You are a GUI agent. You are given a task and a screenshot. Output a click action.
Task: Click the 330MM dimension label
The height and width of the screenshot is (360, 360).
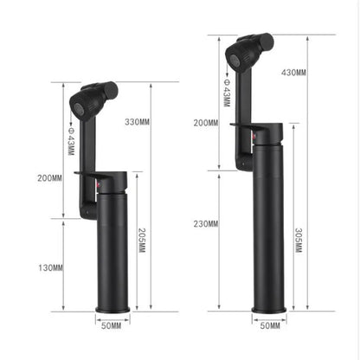[138, 122]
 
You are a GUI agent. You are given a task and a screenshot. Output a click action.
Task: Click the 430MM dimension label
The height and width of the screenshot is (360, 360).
[293, 73]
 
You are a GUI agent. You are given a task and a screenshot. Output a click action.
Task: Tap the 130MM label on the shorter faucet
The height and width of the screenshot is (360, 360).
[50, 268]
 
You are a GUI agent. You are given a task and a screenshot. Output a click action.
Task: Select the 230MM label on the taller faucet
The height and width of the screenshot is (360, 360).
[206, 224]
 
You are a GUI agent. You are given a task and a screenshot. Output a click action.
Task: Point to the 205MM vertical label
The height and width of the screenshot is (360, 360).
[142, 241]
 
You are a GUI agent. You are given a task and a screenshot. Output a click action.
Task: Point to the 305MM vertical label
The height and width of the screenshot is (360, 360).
[299, 241]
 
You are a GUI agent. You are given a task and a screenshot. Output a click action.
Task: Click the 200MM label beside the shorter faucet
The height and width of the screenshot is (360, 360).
[49, 178]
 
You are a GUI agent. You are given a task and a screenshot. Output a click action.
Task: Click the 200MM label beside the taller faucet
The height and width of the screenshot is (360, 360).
[206, 123]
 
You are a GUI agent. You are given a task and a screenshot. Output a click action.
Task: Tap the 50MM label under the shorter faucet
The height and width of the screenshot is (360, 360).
[112, 326]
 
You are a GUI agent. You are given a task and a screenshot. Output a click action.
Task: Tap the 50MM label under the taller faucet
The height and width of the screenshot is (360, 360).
[270, 325]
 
